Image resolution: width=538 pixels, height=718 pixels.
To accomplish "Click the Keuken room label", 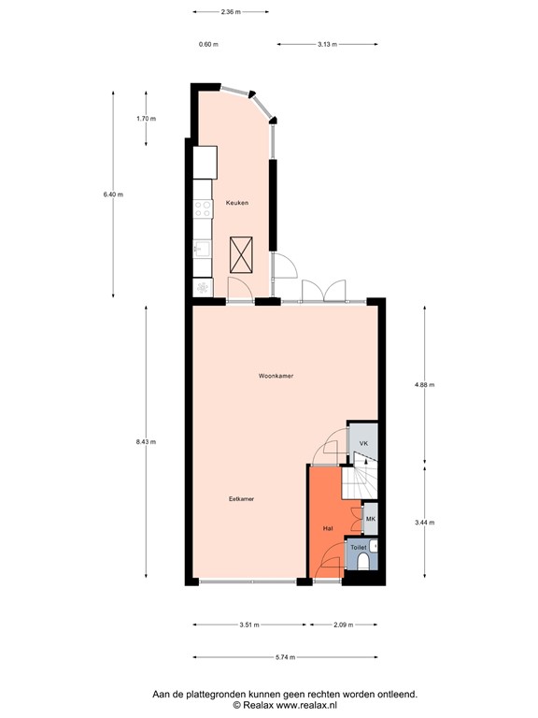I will [x=236, y=203].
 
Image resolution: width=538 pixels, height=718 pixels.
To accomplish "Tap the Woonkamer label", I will [x=276, y=376].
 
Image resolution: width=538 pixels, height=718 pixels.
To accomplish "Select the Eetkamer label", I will [x=242, y=499].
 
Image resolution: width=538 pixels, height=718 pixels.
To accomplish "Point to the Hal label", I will [x=328, y=528].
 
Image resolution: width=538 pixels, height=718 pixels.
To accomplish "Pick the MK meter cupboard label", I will [x=370, y=519].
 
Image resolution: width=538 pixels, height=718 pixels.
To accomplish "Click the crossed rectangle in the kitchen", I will [x=242, y=253].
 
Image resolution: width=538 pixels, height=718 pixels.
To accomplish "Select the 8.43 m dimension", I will [x=146, y=442].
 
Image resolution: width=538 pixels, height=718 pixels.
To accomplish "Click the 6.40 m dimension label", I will [x=113, y=194].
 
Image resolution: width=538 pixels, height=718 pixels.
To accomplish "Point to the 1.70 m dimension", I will [x=146, y=119].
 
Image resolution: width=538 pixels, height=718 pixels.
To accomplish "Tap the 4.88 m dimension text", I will [x=424, y=385].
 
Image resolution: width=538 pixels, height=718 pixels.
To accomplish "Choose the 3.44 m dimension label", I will [x=424, y=523].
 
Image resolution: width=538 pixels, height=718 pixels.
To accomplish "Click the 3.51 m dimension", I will [x=249, y=624].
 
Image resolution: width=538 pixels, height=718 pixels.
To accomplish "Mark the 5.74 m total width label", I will [x=285, y=657].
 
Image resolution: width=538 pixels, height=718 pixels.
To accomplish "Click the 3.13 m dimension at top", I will [x=327, y=44].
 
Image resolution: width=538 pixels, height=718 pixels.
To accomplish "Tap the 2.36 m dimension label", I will [x=230, y=12].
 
